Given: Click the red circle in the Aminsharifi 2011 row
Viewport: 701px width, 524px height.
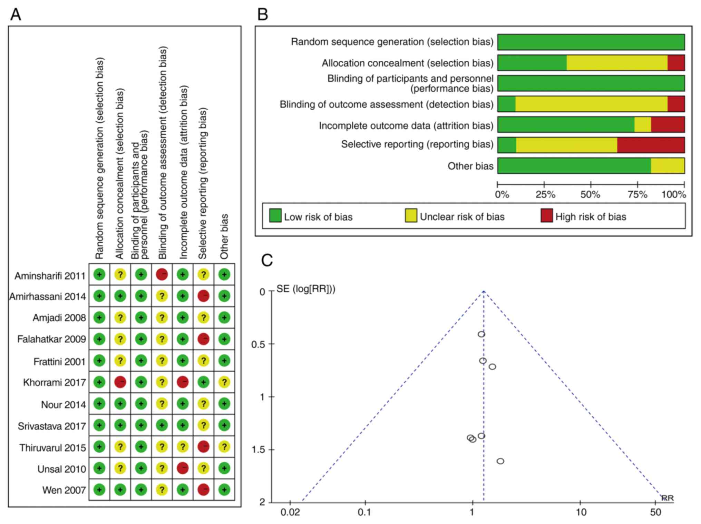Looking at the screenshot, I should click(162, 275).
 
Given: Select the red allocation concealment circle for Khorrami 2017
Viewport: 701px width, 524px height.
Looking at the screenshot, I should click(120, 382).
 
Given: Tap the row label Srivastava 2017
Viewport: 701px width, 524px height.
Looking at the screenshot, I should click(52, 426).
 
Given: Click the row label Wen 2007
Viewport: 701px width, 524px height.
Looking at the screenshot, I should click(64, 490).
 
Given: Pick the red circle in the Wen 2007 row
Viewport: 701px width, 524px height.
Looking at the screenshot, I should click(203, 490).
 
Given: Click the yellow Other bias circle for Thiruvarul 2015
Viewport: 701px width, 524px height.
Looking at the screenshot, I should click(224, 447).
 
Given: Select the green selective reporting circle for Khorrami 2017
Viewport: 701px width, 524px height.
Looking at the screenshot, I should click(203, 382).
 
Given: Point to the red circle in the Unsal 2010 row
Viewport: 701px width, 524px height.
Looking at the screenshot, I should click(183, 468).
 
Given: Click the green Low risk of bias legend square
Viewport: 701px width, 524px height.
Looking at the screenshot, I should click(275, 215).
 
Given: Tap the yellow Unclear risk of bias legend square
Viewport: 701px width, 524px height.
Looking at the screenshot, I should click(411, 215).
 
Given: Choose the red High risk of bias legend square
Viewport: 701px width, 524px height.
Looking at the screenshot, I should click(547, 215).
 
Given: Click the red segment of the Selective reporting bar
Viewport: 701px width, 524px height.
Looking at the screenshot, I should click(651, 145).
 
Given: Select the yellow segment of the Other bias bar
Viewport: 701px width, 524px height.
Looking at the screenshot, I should click(668, 166).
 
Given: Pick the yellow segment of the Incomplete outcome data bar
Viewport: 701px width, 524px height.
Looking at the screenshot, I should click(643, 124).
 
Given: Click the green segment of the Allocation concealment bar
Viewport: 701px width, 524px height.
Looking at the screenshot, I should click(532, 63).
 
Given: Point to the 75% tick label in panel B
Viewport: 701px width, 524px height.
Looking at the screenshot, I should click(637, 194).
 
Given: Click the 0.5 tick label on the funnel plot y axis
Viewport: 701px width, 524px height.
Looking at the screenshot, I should click(258, 344).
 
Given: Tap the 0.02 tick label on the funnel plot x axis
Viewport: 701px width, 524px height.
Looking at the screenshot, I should click(290, 512).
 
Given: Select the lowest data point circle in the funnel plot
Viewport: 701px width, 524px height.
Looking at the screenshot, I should click(500, 461).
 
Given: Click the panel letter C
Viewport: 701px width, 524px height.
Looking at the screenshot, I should click(267, 261).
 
